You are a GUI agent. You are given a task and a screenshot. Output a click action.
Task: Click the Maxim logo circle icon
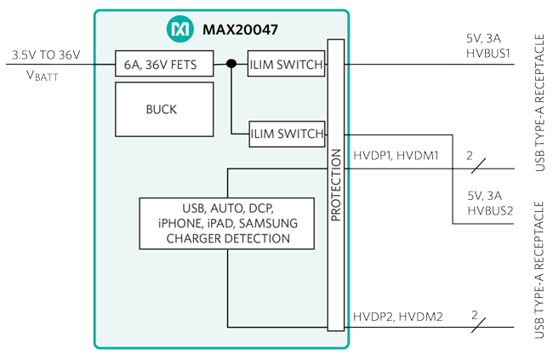[x=180, y=29]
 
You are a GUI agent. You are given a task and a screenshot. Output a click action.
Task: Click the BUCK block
[x=162, y=110]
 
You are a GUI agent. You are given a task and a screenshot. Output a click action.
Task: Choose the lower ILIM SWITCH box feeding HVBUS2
[x=287, y=133]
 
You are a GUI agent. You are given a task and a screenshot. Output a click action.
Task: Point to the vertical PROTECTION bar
[x=336, y=185]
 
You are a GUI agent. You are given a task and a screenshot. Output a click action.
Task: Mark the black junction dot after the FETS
[x=231, y=63]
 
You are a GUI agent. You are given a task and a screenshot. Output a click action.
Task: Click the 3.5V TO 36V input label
[x=46, y=55]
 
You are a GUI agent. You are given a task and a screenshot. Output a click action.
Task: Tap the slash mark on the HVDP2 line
[x=477, y=327]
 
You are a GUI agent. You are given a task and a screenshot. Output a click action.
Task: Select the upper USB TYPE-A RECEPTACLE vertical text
[x=541, y=102]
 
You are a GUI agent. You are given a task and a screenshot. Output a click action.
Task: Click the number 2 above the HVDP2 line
[x=475, y=313]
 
